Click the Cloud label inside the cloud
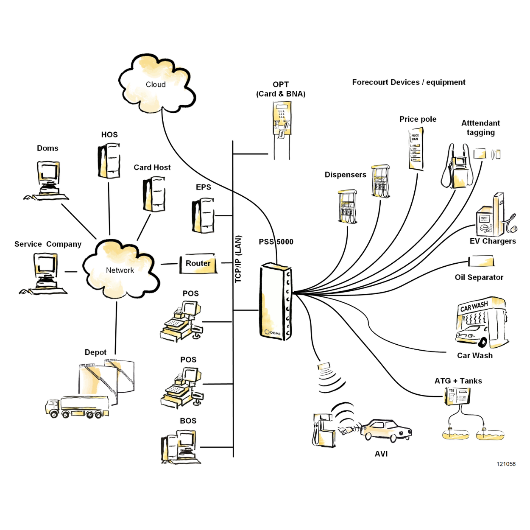tap(156, 84)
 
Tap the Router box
tap(198, 264)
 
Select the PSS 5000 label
tap(276, 242)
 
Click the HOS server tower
tap(109, 161)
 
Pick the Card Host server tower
tap(154, 194)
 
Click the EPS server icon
tap(203, 215)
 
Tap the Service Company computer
tap(45, 273)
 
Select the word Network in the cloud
tap(120, 271)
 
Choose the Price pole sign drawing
tap(416, 148)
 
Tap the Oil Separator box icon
tap(481, 261)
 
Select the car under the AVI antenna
tap(387, 430)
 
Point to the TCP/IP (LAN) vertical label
tap(238, 259)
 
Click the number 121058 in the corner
tap(506, 464)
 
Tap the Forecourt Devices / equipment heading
tap(409, 82)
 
